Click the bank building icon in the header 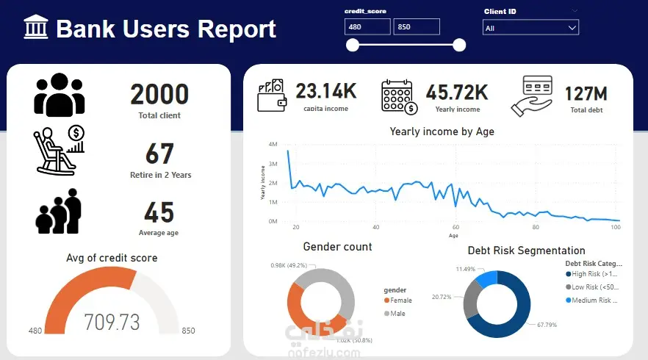(36, 29)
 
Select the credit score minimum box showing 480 (367, 27)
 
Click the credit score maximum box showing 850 (417, 27)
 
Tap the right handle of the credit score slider (459, 46)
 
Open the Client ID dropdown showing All (530, 27)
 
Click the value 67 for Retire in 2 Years (159, 154)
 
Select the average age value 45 (159, 212)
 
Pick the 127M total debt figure (586, 94)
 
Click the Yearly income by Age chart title (442, 132)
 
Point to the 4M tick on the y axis (273, 145)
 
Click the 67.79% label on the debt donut (546, 324)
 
